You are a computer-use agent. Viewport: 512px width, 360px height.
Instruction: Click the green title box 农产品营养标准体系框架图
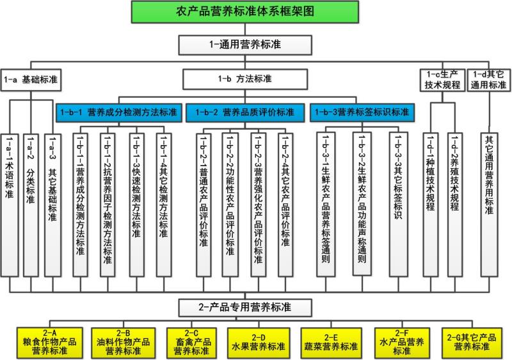tap(256, 12)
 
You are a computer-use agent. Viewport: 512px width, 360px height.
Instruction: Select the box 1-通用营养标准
tap(246, 45)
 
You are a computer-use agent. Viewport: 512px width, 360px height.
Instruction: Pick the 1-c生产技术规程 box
tap(442, 80)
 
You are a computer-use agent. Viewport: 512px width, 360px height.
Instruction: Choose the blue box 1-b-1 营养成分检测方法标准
tap(119, 112)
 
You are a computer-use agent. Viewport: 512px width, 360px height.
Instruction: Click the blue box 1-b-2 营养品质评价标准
tap(246, 112)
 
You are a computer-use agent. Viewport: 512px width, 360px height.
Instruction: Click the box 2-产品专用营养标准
tap(246, 308)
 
